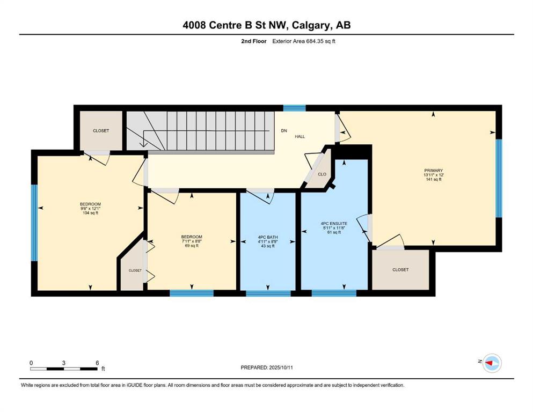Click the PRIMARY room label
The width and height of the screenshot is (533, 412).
[x=433, y=171]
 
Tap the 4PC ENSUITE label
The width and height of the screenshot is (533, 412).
[x=334, y=224]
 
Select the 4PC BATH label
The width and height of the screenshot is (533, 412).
[x=268, y=237]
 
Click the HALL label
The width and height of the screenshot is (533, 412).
[x=300, y=137]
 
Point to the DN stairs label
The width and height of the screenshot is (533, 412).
[x=284, y=130]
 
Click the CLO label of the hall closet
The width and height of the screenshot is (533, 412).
[x=322, y=174]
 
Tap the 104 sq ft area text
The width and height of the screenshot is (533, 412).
[x=90, y=213]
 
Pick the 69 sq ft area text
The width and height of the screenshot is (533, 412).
[x=192, y=246]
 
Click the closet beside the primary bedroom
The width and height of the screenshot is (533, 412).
[x=400, y=270]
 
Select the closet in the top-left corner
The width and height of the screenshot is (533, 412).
[x=101, y=130]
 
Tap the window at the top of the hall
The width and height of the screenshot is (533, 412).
[x=294, y=108]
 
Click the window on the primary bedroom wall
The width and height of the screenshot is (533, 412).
[x=499, y=178]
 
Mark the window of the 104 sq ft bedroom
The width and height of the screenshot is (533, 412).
[x=34, y=223]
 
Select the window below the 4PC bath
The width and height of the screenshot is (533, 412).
[x=268, y=293]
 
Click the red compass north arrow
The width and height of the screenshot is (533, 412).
[x=489, y=363]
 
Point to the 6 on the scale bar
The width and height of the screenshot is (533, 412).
[x=97, y=363]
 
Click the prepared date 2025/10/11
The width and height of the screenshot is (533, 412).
[x=281, y=367]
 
